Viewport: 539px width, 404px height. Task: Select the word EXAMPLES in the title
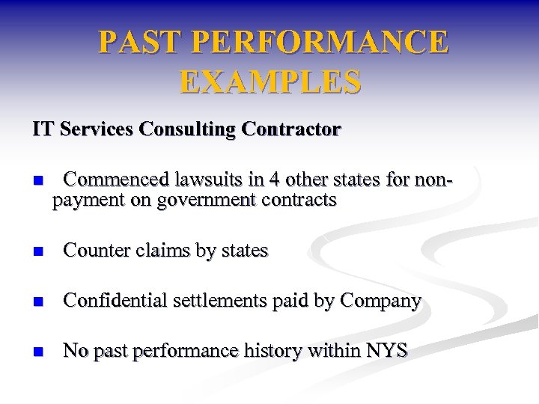[270, 82]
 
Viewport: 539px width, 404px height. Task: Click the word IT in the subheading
[42, 129]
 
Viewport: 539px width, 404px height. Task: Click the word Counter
[97, 251]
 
